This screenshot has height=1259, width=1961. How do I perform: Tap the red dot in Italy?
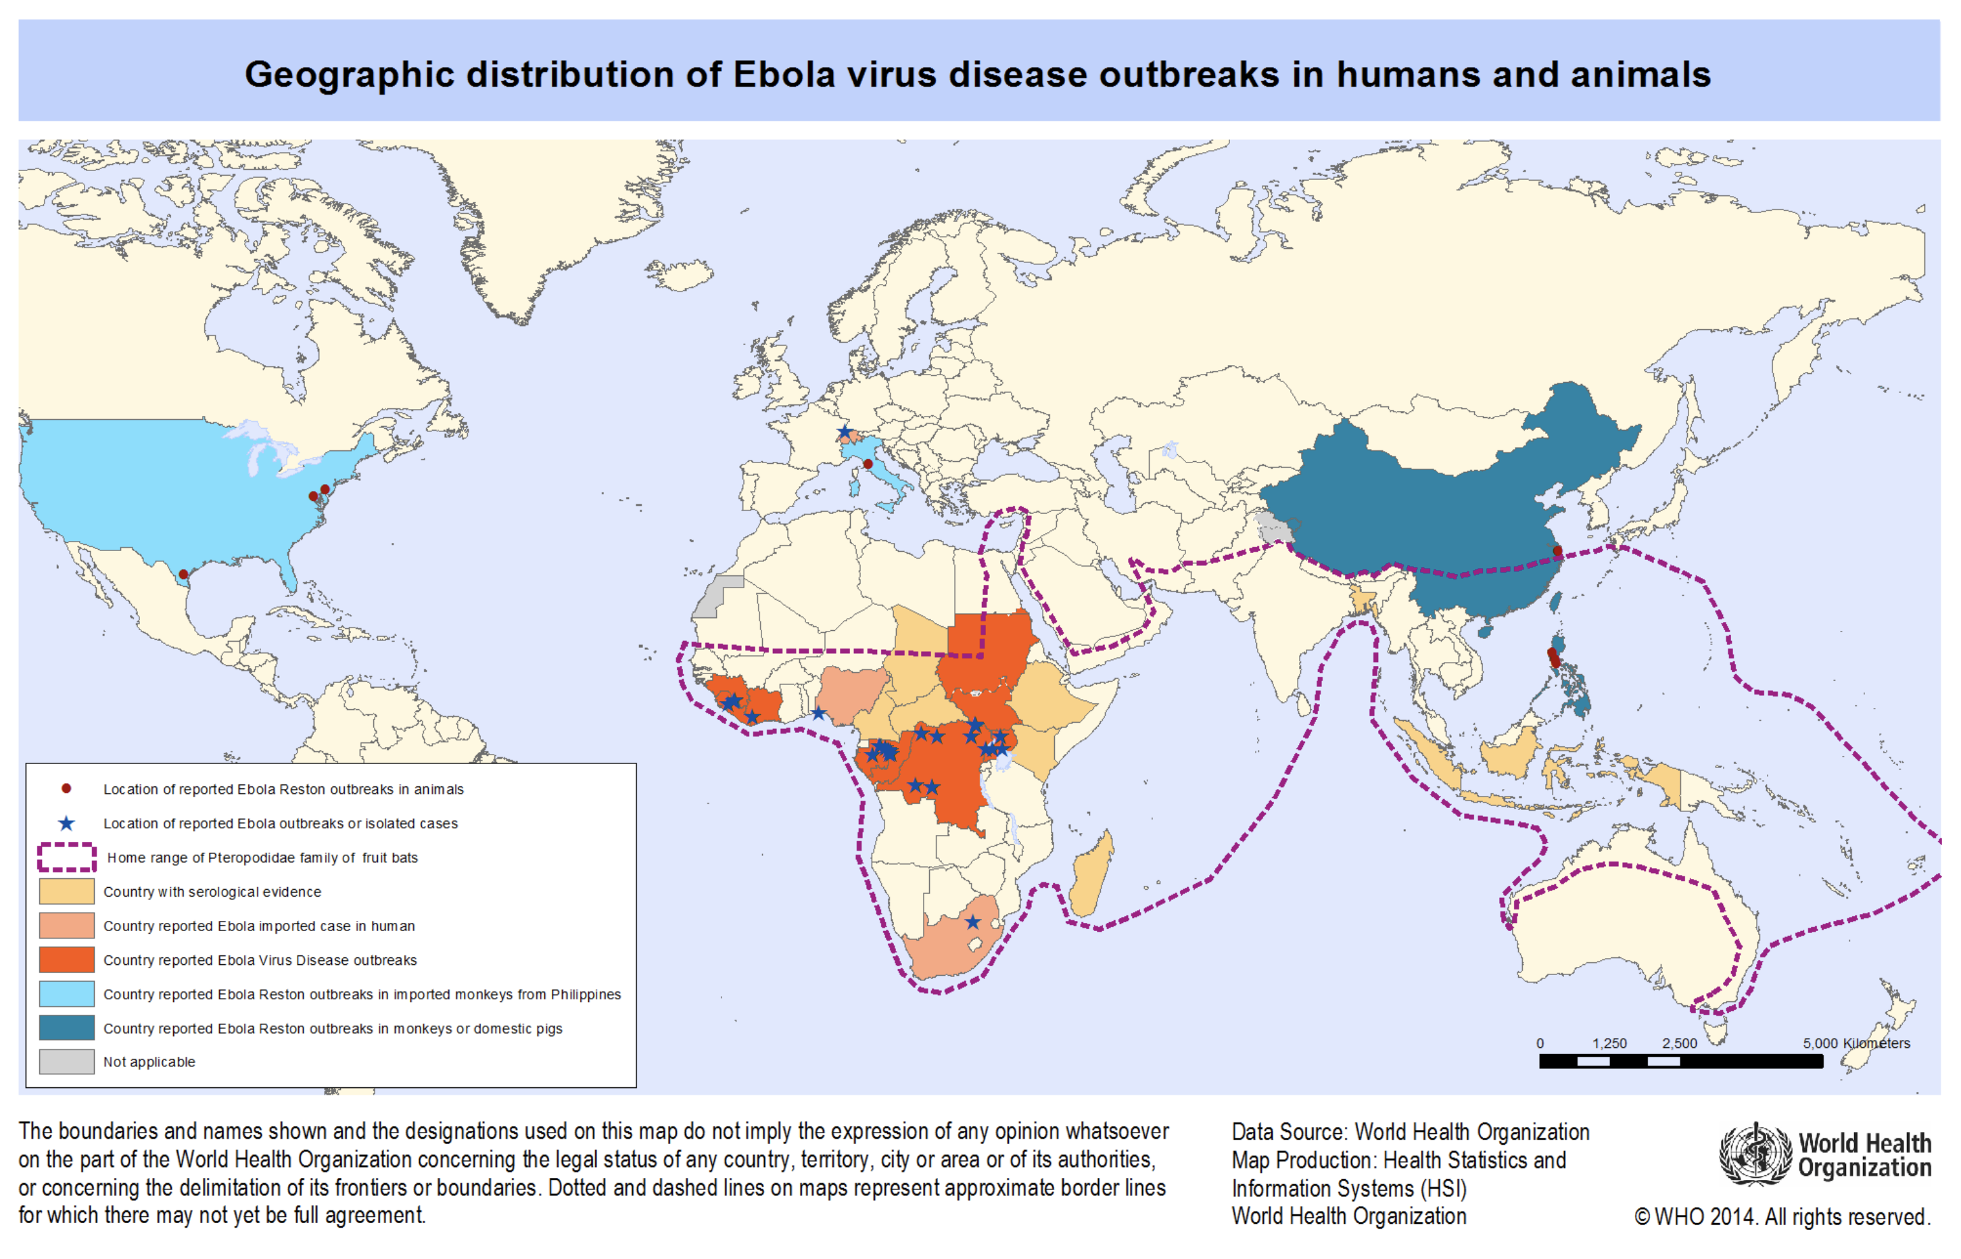(868, 465)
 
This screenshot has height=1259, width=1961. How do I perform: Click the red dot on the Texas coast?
(184, 575)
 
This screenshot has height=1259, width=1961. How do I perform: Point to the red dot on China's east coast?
(1557, 551)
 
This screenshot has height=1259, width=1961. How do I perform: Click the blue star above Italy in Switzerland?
(845, 431)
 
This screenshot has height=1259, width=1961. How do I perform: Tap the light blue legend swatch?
(66, 994)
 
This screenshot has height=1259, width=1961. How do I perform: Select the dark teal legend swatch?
(66, 1028)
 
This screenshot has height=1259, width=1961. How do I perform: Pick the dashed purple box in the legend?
(66, 857)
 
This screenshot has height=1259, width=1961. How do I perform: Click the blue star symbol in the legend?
(66, 824)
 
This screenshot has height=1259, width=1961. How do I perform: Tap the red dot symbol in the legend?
(66, 789)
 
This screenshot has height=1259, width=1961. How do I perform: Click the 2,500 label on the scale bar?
(1679, 1044)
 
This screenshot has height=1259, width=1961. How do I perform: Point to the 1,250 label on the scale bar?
(1609, 1044)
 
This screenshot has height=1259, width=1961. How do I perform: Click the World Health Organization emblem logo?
(1754, 1154)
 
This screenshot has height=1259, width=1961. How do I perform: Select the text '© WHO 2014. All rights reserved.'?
(1782, 1217)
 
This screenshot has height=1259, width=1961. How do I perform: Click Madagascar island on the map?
(1091, 875)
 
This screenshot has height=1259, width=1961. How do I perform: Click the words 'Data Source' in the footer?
(1288, 1133)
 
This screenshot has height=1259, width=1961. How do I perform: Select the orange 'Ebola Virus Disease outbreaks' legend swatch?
(66, 959)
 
